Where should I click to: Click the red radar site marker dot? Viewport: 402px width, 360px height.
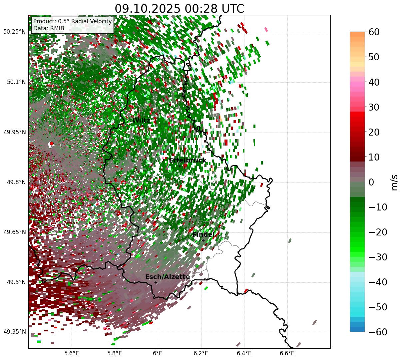click(51, 144)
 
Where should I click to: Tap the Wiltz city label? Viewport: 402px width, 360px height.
click(141, 120)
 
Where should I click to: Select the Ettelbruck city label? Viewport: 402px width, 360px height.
click(188, 161)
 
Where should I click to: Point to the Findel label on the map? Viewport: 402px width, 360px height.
click(203, 235)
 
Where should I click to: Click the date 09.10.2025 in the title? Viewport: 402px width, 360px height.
click(145, 9)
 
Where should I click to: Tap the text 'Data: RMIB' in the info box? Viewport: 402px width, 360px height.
click(49, 28)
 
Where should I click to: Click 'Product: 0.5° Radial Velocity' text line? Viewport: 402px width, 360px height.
click(72, 21)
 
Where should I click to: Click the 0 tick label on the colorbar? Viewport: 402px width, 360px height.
click(371, 182)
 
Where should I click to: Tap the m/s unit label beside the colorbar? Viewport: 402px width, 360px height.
click(394, 182)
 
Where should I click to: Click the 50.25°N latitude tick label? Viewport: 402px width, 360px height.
click(14, 32)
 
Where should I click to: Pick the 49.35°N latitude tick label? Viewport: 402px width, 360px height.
click(14, 332)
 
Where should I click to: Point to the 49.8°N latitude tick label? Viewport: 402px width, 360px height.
click(15, 182)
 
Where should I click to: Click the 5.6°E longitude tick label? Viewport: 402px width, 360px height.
click(71, 353)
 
